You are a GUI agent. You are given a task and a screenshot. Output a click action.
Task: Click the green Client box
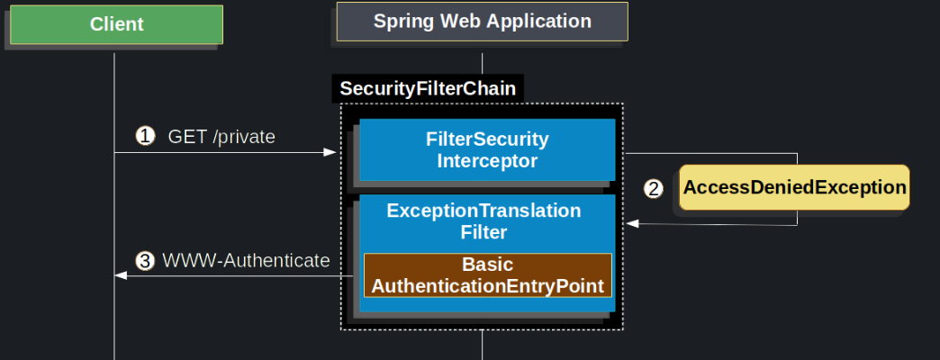[x=116, y=24]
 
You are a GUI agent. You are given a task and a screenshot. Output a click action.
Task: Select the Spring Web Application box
[x=483, y=22]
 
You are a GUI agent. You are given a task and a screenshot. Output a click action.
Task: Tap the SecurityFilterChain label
[x=428, y=88]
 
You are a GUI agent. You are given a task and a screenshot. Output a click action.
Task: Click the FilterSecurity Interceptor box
[x=487, y=150]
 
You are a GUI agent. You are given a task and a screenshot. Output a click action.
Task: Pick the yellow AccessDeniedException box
[x=793, y=187]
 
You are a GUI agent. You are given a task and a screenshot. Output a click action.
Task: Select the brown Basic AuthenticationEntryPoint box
[x=487, y=275]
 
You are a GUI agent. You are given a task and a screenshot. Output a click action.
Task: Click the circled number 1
[x=145, y=137]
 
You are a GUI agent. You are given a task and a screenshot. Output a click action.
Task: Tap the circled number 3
[x=145, y=261]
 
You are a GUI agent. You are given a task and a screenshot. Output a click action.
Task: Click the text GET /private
[x=221, y=137]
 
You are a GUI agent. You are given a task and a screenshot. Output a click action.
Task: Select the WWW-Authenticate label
[x=246, y=261]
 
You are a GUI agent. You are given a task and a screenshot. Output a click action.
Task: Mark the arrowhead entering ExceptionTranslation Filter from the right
[x=632, y=224]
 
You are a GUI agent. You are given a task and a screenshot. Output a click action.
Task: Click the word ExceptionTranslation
[x=484, y=211]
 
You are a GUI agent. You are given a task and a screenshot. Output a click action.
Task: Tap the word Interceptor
[x=487, y=162]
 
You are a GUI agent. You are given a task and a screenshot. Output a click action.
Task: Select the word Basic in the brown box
[x=487, y=265]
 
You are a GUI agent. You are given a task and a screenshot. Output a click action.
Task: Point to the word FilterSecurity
[x=487, y=139]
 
